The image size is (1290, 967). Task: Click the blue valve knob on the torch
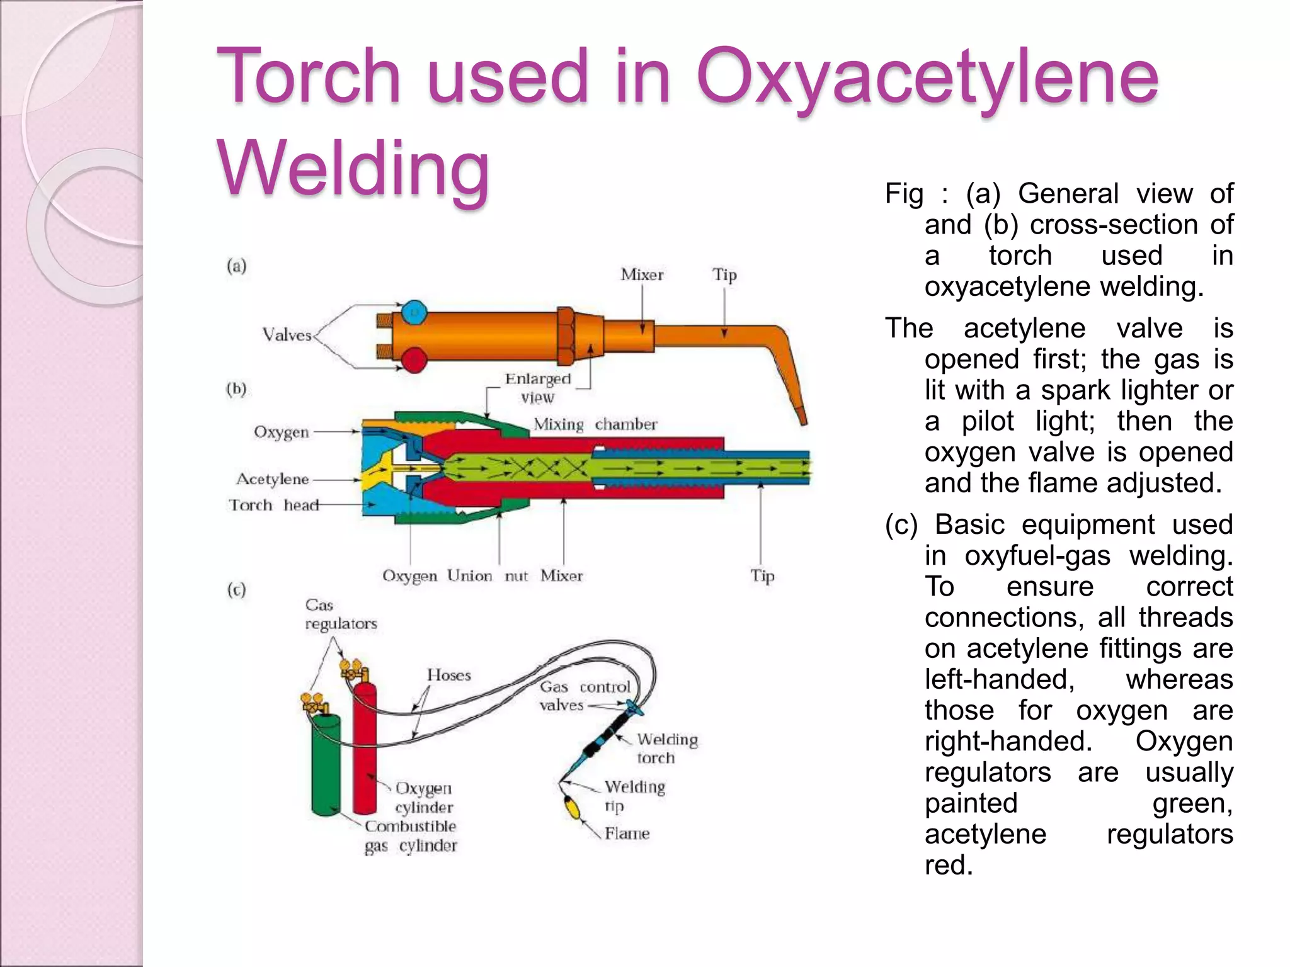[414, 312]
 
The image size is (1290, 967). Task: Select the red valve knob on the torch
[414, 359]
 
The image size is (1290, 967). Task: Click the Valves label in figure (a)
[287, 336]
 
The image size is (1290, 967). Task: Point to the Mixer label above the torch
[641, 275]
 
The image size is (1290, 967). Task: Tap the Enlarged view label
[537, 388]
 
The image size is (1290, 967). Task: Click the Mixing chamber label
[595, 424]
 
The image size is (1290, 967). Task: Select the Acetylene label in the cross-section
[272, 480]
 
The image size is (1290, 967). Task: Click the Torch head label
[273, 506]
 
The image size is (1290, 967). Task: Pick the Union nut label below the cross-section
[488, 576]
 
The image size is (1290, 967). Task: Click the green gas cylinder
[326, 765]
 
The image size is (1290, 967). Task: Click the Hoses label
[448, 676]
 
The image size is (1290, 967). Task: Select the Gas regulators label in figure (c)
[340, 614]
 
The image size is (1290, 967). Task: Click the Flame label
[626, 834]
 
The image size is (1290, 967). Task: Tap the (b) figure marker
[236, 388]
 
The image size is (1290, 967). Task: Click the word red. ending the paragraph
[948, 866]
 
